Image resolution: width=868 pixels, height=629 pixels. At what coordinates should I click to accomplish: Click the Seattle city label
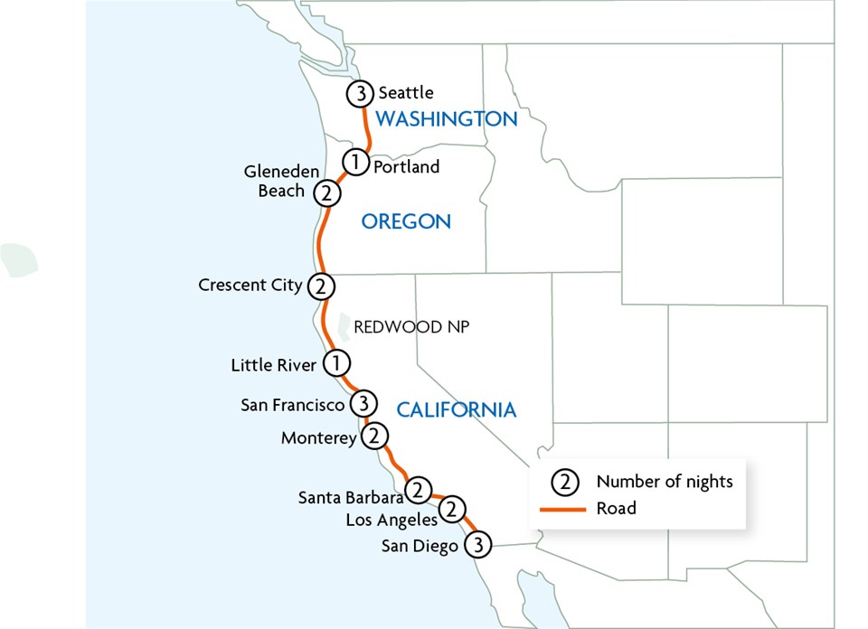point(406,92)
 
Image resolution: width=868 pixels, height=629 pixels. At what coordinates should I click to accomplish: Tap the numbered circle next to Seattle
point(361,93)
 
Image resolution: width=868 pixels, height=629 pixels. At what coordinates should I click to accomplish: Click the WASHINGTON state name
point(446,118)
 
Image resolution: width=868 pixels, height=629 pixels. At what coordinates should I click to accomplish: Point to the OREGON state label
point(406,221)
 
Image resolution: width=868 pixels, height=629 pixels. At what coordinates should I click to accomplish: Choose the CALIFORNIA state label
point(457,410)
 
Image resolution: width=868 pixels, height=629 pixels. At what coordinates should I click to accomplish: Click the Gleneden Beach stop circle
point(326,192)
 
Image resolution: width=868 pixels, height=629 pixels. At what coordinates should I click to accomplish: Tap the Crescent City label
point(250,286)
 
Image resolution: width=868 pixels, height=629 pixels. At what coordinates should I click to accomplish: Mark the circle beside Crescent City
point(321,286)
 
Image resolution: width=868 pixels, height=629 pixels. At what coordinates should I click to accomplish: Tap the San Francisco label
point(293,405)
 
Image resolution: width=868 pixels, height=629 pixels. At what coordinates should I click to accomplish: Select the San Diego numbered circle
point(479,545)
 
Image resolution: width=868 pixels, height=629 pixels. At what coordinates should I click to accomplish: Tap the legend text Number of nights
point(665,481)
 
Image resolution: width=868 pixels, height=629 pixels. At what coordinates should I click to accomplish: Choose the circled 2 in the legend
point(564,481)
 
